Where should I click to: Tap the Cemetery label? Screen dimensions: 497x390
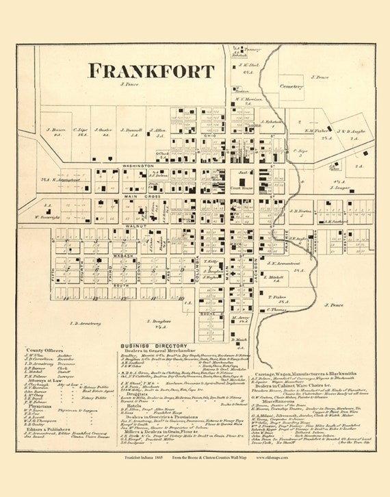click(291, 87)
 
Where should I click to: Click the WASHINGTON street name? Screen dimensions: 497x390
click(138, 166)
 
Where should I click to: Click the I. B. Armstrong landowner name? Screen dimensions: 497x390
click(85, 322)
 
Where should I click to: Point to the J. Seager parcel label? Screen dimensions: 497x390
click(339, 186)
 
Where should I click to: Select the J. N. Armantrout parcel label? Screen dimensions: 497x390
click(283, 263)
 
